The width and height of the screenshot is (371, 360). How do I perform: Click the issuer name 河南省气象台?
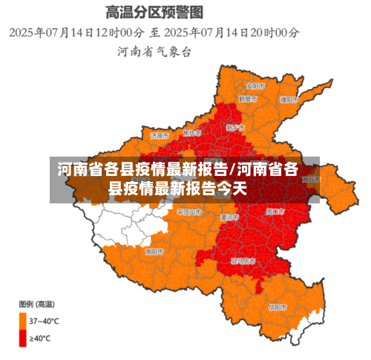(x=154, y=51)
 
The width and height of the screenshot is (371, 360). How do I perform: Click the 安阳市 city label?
(x=256, y=84)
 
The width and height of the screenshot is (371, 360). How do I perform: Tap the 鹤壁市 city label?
(x=248, y=99)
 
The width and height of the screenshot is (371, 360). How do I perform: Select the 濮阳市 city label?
(x=289, y=99)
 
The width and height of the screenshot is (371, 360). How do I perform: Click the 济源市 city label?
(x=160, y=136)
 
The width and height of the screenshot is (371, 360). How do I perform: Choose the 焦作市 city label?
(x=192, y=133)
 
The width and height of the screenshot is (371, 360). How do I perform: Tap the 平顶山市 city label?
(x=188, y=212)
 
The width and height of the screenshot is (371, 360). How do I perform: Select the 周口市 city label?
(x=275, y=212)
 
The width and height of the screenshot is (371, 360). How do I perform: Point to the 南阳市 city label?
(x=154, y=252)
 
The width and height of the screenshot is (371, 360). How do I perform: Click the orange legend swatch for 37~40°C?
(x=22, y=321)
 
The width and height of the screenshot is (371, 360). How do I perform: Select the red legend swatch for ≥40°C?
(x=22, y=338)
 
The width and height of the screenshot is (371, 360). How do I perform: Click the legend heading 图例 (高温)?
(x=36, y=304)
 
